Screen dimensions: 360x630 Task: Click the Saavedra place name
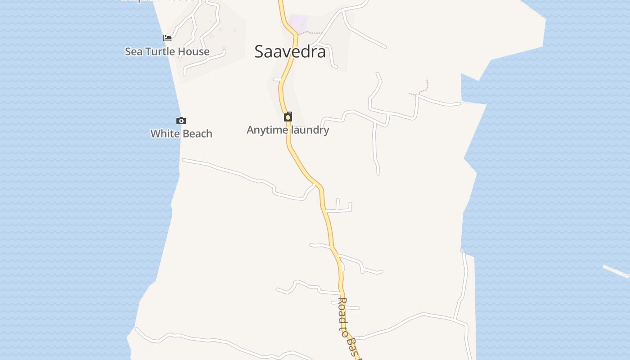click(x=290, y=52)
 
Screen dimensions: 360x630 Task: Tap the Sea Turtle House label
click(x=167, y=52)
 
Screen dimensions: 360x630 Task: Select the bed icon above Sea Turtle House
click(x=167, y=38)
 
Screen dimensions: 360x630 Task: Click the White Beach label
click(x=181, y=134)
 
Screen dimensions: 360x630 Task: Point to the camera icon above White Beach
click(x=181, y=121)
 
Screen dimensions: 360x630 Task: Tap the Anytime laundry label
click(x=288, y=130)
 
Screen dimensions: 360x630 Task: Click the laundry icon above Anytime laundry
click(x=288, y=117)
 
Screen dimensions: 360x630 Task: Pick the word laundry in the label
click(x=309, y=130)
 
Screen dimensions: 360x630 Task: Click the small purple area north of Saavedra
click(x=298, y=23)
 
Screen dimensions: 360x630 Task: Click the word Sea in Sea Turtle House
click(x=134, y=52)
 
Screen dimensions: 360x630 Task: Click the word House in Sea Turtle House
click(x=193, y=52)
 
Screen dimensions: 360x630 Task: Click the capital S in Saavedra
click(x=260, y=52)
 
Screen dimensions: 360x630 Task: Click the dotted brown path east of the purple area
click(x=312, y=33)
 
